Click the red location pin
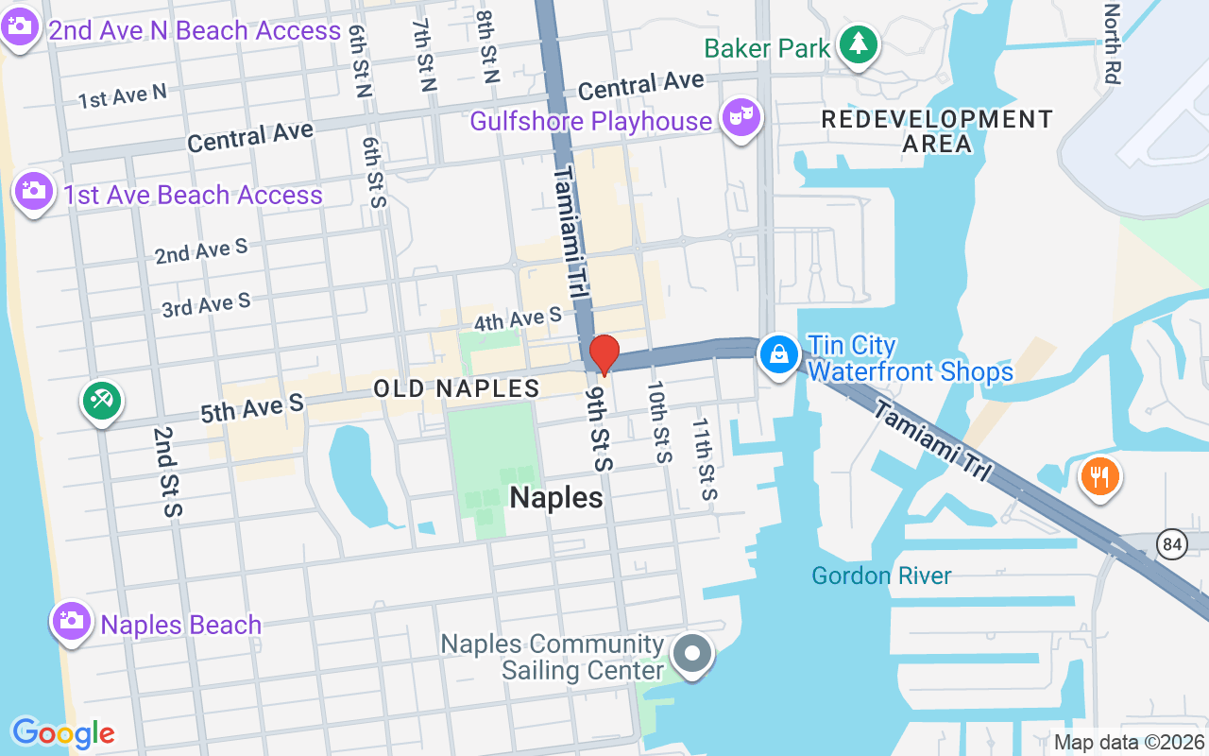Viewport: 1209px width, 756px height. click(x=604, y=355)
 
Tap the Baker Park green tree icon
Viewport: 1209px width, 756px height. click(x=858, y=44)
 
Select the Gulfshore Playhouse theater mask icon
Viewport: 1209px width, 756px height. click(x=740, y=118)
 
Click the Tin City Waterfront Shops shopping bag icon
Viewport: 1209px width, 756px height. click(x=778, y=355)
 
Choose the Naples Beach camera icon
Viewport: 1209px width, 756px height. click(x=71, y=621)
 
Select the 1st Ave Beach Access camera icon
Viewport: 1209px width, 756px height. click(x=33, y=192)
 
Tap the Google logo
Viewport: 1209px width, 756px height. click(x=63, y=732)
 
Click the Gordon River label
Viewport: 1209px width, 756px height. click(x=881, y=576)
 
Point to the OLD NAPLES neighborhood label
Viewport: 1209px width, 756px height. click(x=456, y=388)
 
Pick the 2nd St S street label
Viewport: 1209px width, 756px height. click(x=166, y=471)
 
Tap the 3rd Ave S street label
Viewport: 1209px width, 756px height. click(x=206, y=305)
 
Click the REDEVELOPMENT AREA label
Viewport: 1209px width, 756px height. click(x=936, y=131)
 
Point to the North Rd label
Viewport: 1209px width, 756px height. click(x=1112, y=43)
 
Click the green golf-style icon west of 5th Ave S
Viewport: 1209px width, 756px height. click(x=101, y=401)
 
